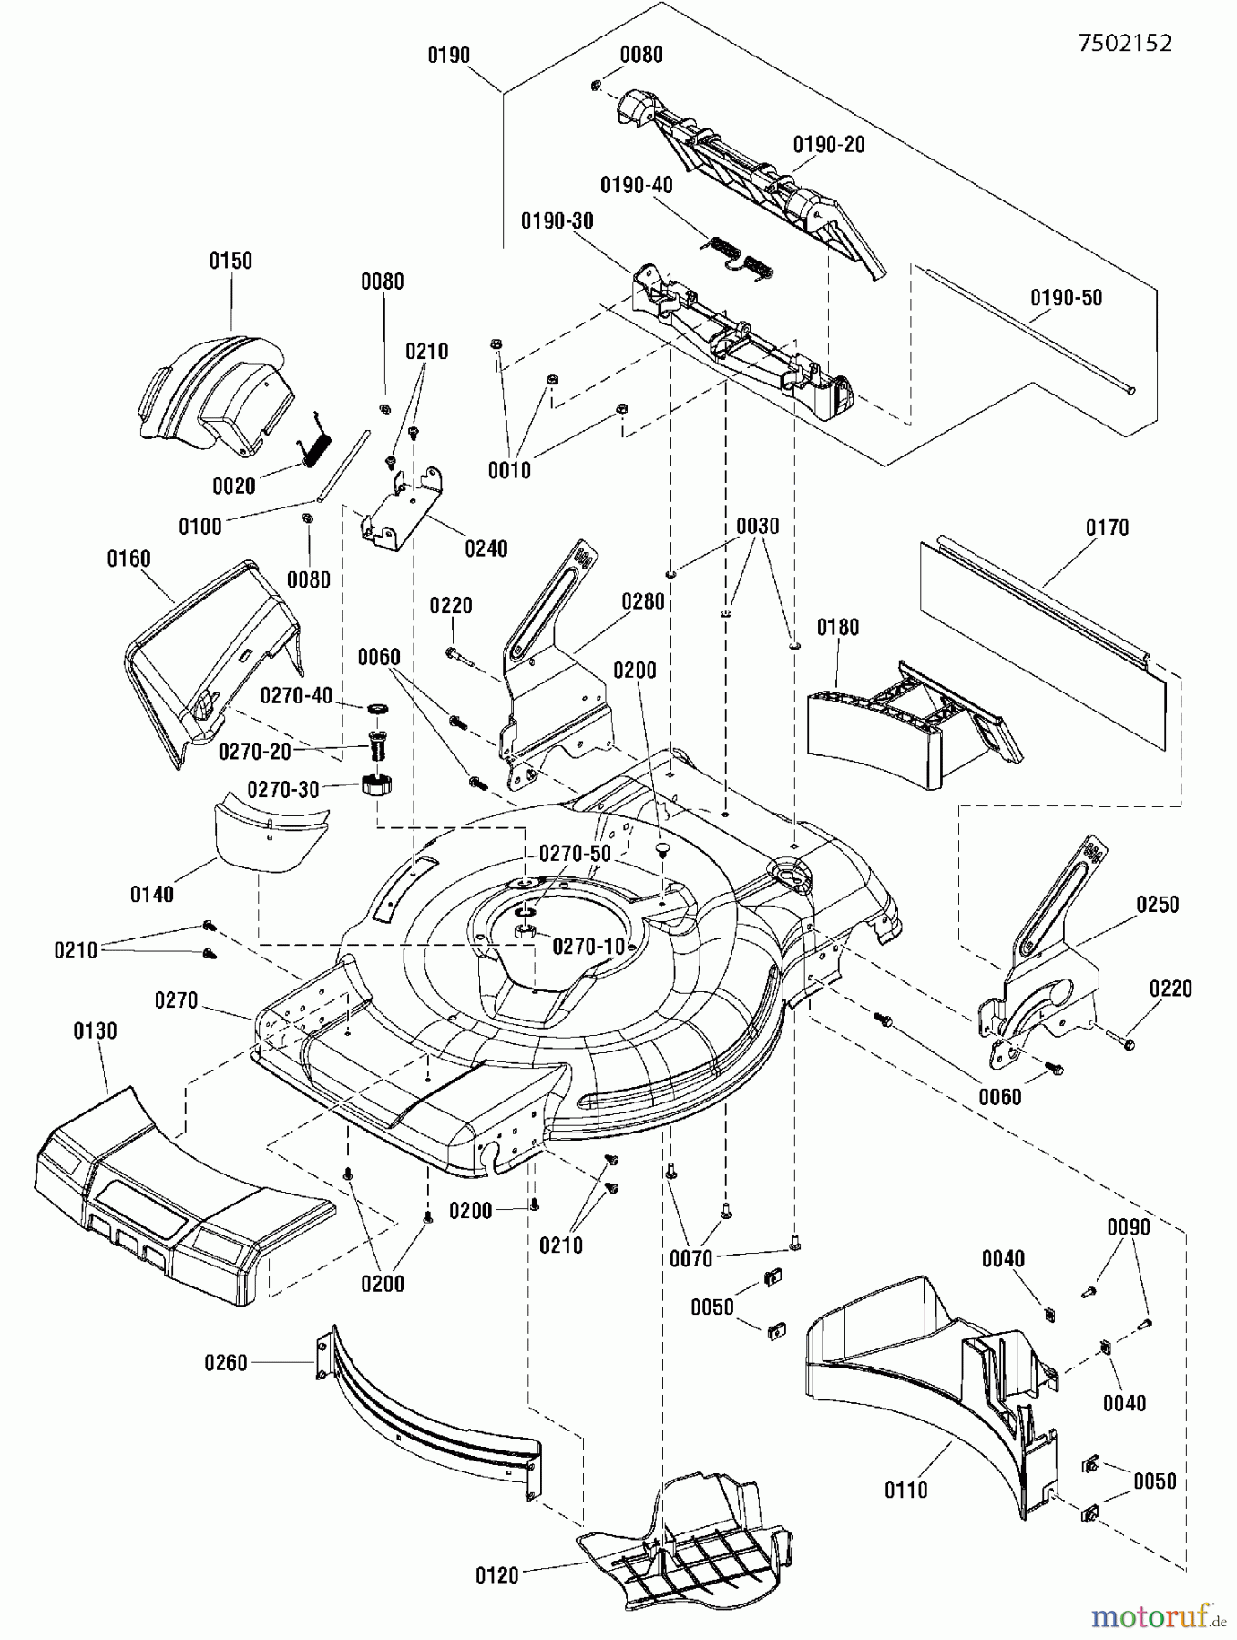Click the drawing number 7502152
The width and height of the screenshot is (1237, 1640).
pos(1125,43)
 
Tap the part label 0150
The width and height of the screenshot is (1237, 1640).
pos(230,261)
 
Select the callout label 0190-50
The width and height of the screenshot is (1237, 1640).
pos(1066,298)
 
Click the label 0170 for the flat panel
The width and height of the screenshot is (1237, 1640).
pos(1107,528)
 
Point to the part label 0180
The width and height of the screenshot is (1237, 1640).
pos(837,627)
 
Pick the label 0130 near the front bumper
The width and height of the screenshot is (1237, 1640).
pos(95,1030)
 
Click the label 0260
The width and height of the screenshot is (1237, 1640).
pos(226,1363)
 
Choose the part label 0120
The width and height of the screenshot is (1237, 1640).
pos(497,1575)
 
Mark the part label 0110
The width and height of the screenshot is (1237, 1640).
pos(905,1491)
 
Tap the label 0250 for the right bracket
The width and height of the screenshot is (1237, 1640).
pos(1157,904)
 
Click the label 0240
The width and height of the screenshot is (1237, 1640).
pos(486,548)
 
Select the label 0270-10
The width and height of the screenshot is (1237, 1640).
pos(589,946)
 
